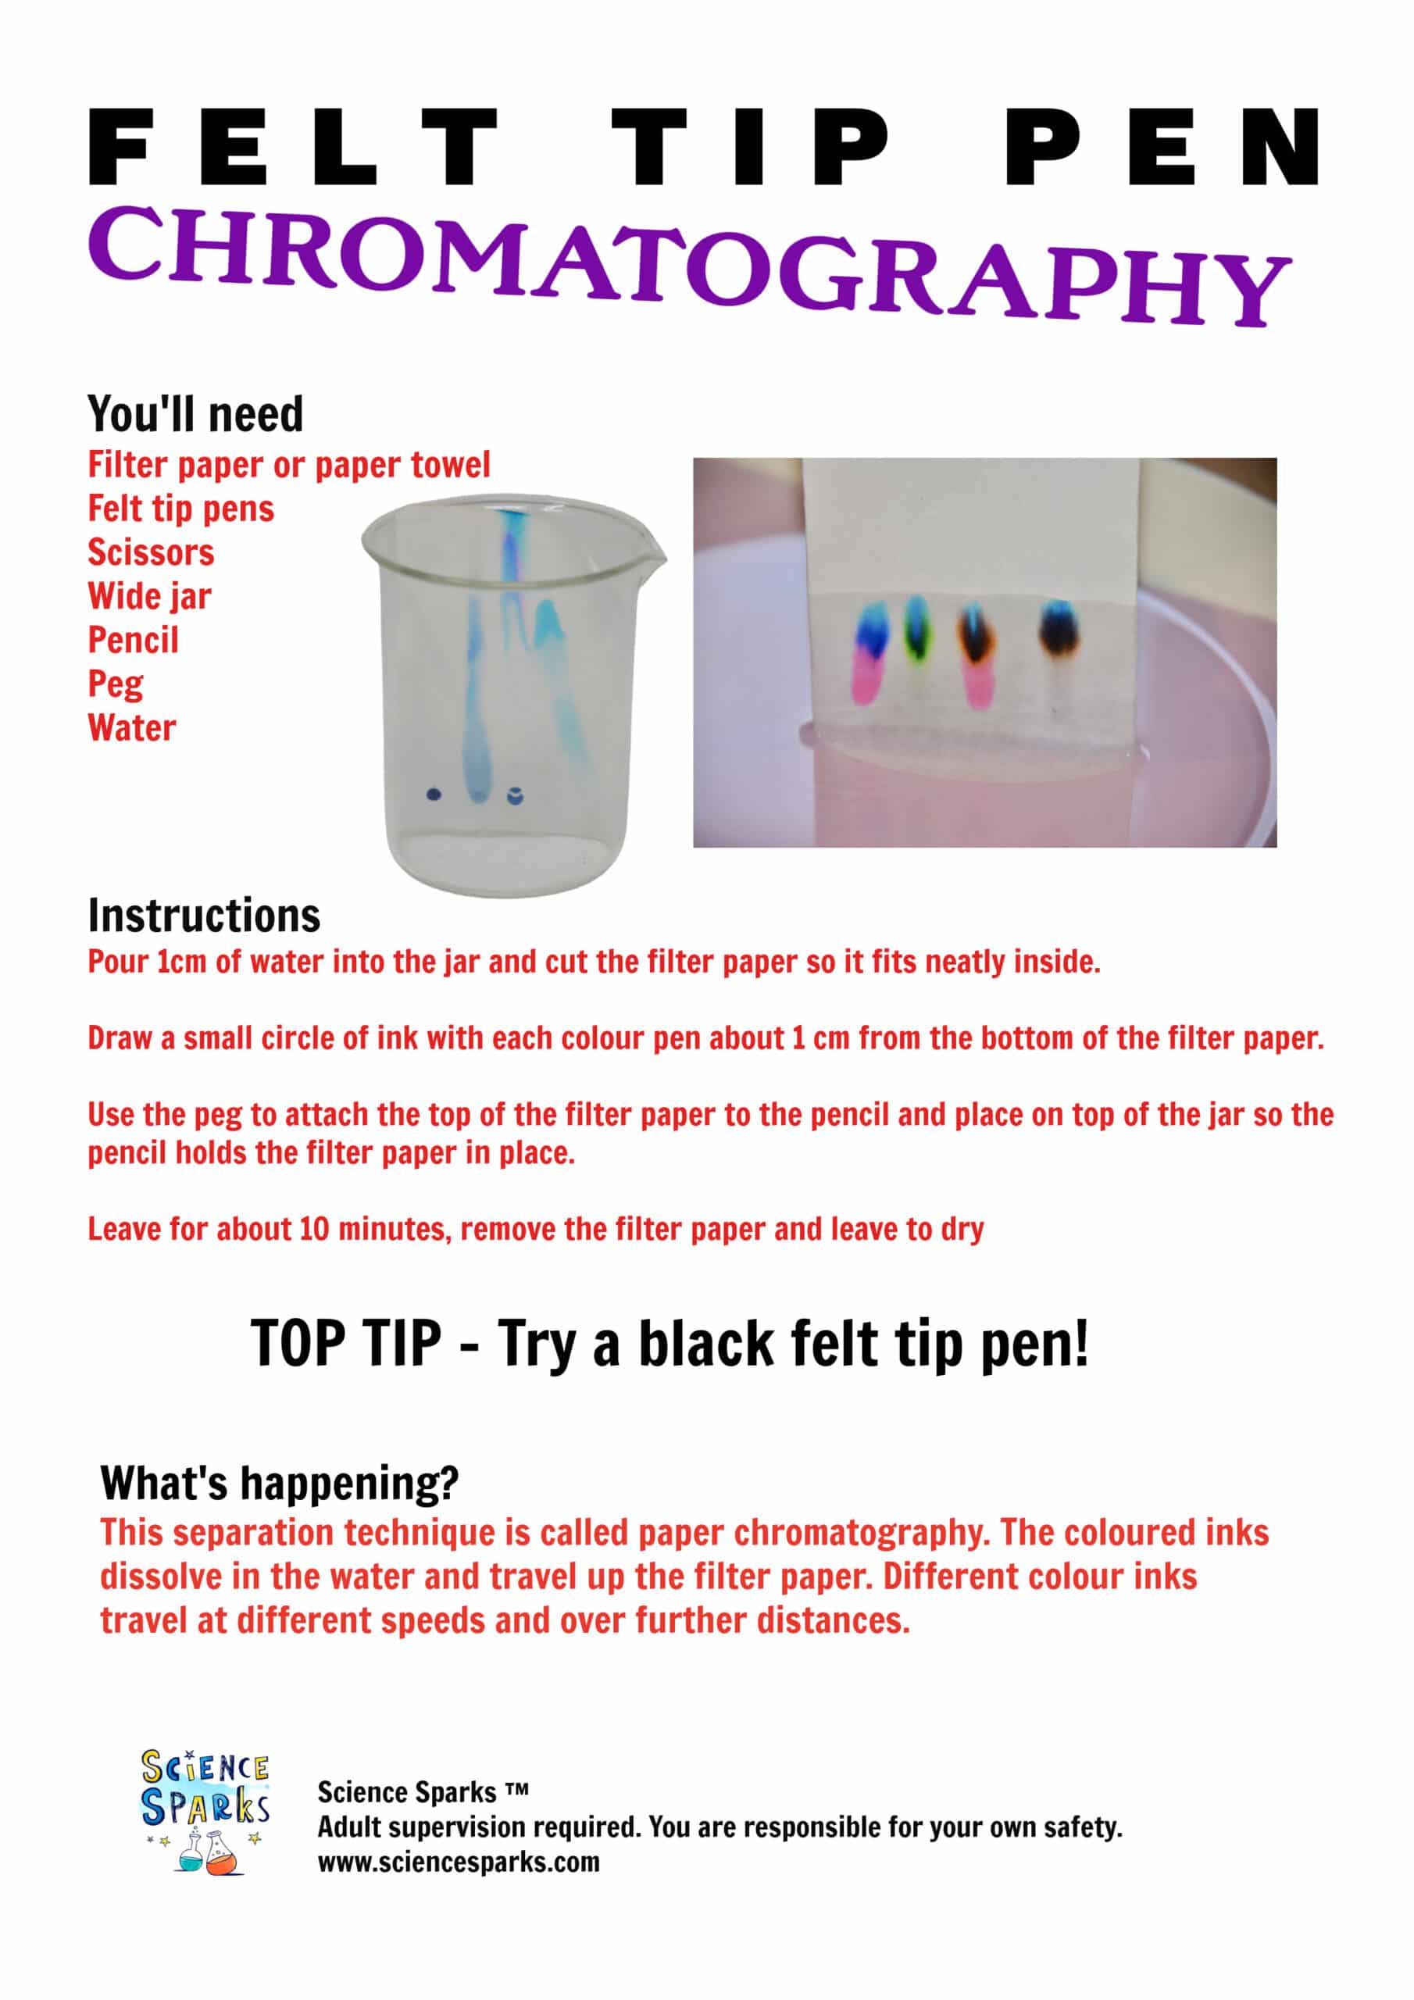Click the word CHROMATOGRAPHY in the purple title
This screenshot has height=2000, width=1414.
click(688, 261)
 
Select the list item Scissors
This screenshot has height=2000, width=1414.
click(151, 553)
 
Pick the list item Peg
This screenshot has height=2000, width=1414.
click(115, 684)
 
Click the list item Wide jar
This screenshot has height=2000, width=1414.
click(149, 597)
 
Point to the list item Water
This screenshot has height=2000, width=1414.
click(131, 728)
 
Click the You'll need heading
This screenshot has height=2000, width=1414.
click(195, 415)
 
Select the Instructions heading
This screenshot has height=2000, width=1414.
click(204, 916)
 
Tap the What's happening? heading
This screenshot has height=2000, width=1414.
click(279, 1484)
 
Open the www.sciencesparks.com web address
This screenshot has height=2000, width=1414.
click(459, 1862)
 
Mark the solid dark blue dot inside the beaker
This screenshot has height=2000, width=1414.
click(434, 795)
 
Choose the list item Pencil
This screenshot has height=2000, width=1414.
click(134, 641)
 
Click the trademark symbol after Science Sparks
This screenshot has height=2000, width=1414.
click(516, 1787)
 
